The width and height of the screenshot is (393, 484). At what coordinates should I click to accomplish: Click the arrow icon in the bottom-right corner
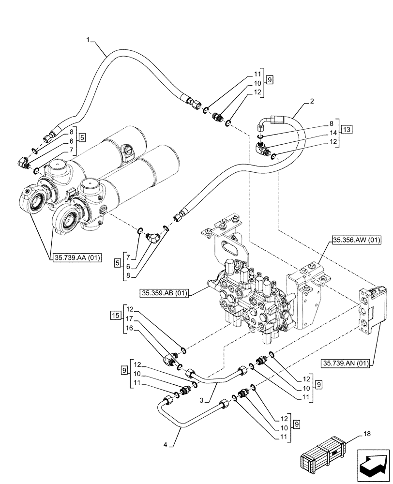(373, 465)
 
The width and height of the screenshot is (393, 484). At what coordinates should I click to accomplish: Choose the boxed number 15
(114, 316)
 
